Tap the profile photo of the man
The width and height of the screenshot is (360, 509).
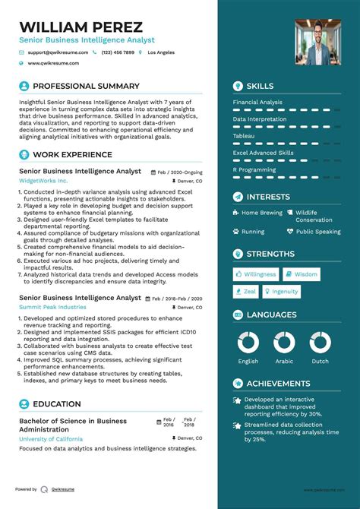[317, 42]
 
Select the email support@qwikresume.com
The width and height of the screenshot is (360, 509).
[58, 52]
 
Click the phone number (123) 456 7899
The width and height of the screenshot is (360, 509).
[118, 52]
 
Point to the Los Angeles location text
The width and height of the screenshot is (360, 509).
[160, 52]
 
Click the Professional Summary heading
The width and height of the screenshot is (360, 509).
[86, 87]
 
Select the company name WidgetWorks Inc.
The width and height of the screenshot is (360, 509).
[43, 182]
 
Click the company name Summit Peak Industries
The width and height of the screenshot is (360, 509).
[52, 307]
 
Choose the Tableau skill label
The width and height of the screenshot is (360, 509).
[244, 136]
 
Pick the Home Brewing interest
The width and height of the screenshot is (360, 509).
[261, 213]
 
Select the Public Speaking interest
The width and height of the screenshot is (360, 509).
[317, 232]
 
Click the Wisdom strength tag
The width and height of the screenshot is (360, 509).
[305, 274]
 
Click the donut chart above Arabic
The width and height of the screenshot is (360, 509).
[286, 343]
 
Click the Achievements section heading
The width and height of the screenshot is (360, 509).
[278, 384]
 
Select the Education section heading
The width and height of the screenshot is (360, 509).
[57, 404]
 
